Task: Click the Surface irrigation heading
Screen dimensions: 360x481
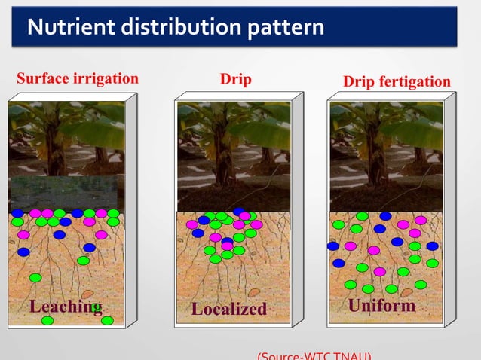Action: pyautogui.click(x=77, y=78)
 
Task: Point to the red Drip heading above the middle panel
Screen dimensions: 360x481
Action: pyautogui.click(x=235, y=79)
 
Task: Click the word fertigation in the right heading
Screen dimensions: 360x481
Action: pyautogui.click(x=414, y=81)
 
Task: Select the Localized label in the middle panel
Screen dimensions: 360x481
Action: pyautogui.click(x=228, y=309)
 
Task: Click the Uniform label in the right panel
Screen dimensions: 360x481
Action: pyautogui.click(x=381, y=306)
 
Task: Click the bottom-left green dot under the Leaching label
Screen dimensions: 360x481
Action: pyautogui.click(x=47, y=320)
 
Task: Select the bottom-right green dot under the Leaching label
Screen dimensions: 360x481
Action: pyautogui.click(x=107, y=320)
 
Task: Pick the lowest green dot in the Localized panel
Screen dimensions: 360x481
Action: pyautogui.click(x=216, y=259)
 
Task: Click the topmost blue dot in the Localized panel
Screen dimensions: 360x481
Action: pyautogui.click(x=238, y=212)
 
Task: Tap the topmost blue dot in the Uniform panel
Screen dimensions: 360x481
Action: pyautogui.click(x=385, y=216)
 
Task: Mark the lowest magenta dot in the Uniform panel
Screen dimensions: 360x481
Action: pyautogui.click(x=379, y=271)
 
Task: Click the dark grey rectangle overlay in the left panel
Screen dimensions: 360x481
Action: pyautogui.click(x=63, y=193)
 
